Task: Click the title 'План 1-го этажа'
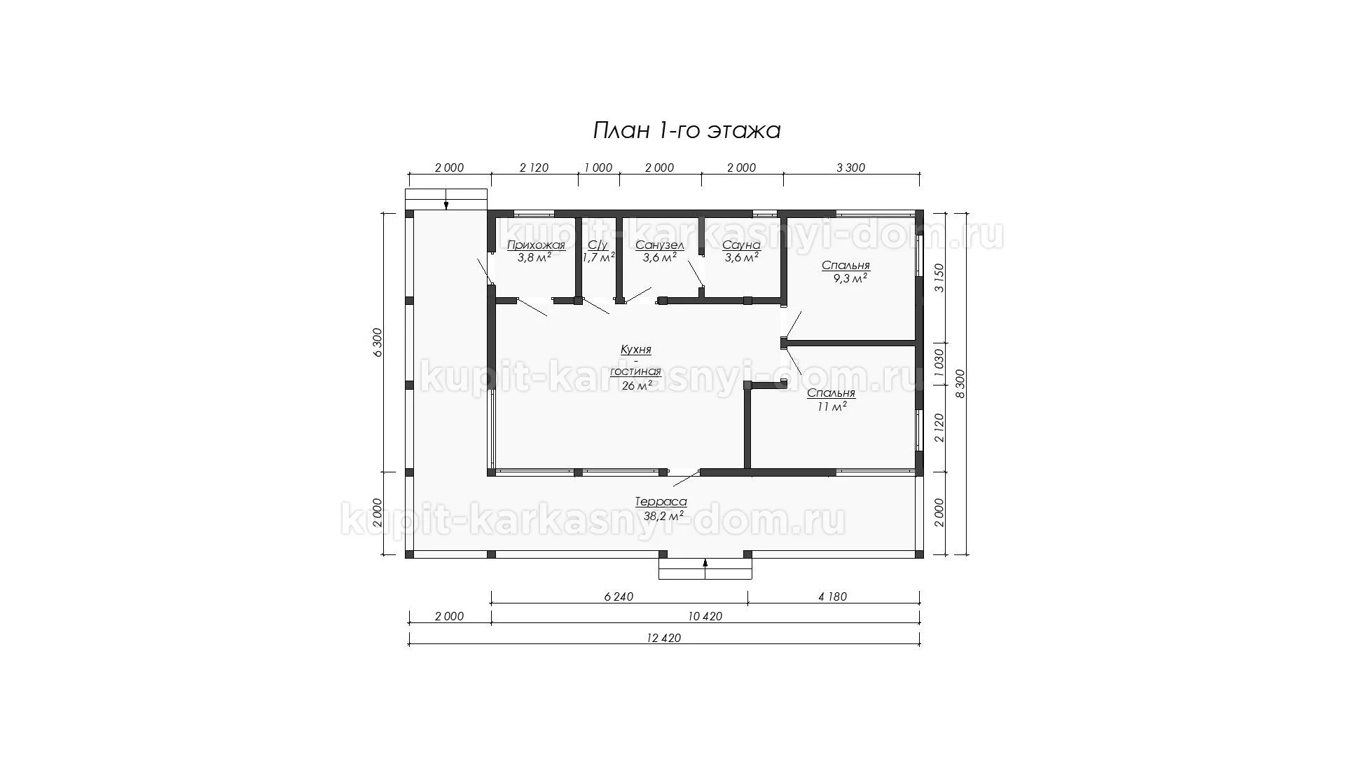pyautogui.click(x=687, y=130)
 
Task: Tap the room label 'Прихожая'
pyautogui.click(x=536, y=245)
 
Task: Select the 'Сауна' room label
pyautogui.click(x=742, y=245)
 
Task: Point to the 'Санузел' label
pyautogui.click(x=660, y=245)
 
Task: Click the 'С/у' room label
pyautogui.click(x=598, y=245)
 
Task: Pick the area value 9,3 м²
pyautogui.click(x=850, y=278)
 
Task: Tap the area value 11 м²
pyautogui.click(x=832, y=406)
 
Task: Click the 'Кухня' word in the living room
pyautogui.click(x=636, y=349)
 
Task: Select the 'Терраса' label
pyautogui.click(x=661, y=502)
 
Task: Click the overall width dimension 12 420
pyautogui.click(x=665, y=638)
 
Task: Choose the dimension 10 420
pyautogui.click(x=705, y=617)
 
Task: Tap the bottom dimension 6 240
pyautogui.click(x=619, y=596)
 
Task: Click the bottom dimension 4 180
pyautogui.click(x=832, y=596)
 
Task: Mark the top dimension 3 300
pyautogui.click(x=851, y=168)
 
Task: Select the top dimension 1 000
pyautogui.click(x=598, y=168)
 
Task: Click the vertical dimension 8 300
pyautogui.click(x=960, y=384)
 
